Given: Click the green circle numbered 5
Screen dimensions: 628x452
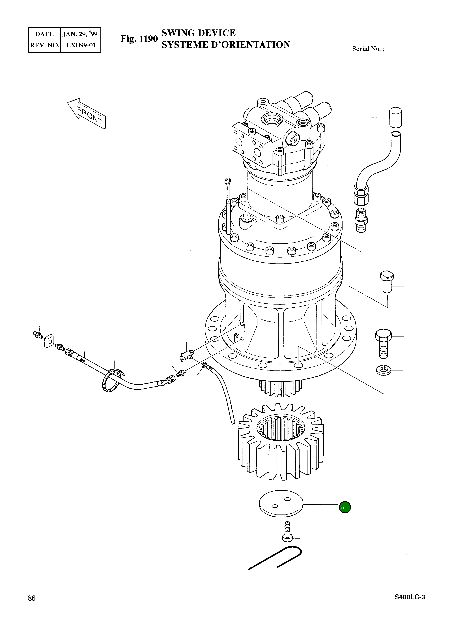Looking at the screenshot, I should click(x=345, y=507).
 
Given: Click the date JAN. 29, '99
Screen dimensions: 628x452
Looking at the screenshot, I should click(x=80, y=34).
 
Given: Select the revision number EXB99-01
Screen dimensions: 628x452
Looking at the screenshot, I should click(x=81, y=45).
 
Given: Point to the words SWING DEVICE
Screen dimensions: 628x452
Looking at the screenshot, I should click(x=199, y=33).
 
